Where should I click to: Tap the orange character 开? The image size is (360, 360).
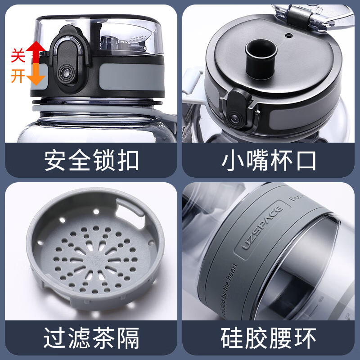tap(18, 76)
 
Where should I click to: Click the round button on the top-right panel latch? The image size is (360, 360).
tap(235, 118)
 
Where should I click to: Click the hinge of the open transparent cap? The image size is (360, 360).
tap(299, 16)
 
